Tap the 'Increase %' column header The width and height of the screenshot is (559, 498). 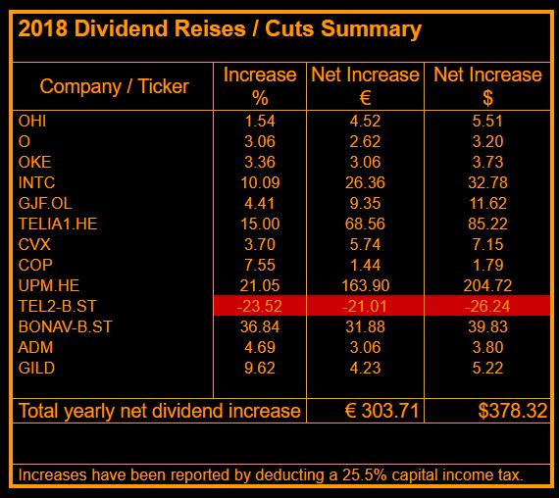tap(260, 86)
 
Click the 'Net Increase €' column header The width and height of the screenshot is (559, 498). tap(365, 86)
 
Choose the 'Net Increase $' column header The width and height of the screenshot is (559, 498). tap(487, 86)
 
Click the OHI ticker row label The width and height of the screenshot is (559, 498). tap(32, 121)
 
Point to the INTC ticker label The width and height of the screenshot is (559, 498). tap(37, 181)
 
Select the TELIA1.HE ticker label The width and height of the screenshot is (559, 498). tap(57, 223)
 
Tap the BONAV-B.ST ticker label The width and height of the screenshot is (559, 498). tap(66, 325)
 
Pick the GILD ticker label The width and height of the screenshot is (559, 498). tap(35, 367)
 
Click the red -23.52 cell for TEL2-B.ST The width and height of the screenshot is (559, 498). tap(260, 305)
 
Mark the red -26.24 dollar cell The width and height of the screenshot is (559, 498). tap(487, 305)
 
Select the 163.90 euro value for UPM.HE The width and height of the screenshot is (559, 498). tap(365, 284)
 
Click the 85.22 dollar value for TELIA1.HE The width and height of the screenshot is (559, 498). tap(487, 223)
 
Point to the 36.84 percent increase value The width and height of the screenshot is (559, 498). tap(260, 325)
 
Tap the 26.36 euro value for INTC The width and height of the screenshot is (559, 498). tap(365, 181)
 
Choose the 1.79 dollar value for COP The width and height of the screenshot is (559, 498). tap(487, 264)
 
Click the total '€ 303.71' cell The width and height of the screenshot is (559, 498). tap(365, 410)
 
